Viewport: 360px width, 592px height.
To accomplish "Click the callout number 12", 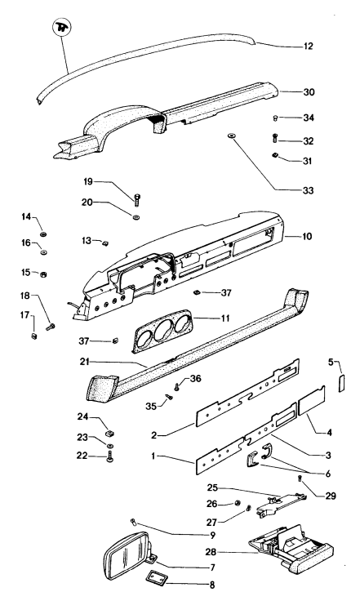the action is point(309,46).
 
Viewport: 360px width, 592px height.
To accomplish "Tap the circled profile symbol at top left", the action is point(62,27).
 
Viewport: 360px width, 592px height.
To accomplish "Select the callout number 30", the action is point(309,92).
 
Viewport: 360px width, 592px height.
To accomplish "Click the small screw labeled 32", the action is point(275,139).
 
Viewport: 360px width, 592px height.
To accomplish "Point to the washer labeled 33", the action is point(230,136).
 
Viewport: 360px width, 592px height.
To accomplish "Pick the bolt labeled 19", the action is point(137,198).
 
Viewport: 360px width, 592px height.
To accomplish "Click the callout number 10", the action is point(307,236).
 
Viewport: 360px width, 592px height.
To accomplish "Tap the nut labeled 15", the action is point(43,274).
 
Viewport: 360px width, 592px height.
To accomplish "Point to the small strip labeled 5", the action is point(342,383).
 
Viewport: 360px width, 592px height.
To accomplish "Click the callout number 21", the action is point(85,362).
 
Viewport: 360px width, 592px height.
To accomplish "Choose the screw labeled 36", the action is point(177,386).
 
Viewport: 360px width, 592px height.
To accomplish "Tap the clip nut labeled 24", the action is point(110,431).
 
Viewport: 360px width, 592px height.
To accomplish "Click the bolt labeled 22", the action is point(110,456).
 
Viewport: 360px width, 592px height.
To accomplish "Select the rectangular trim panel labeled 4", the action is point(312,400).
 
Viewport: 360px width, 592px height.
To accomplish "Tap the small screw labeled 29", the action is point(300,478).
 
